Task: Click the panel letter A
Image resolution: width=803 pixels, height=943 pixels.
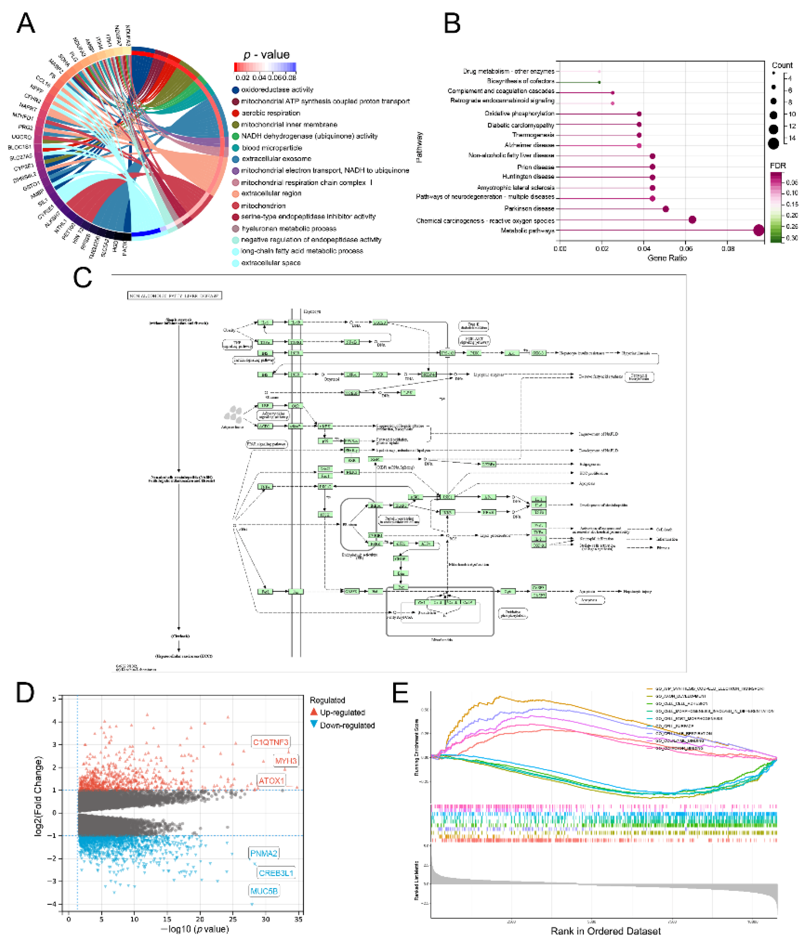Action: (26, 23)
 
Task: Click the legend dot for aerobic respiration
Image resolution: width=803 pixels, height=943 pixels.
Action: (235, 113)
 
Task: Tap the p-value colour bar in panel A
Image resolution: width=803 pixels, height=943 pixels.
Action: (265, 67)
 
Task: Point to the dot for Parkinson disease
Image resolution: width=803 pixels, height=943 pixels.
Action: (666, 209)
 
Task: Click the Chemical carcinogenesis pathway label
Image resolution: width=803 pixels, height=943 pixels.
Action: (485, 221)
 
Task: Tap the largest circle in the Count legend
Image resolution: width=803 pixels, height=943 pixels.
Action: (773, 144)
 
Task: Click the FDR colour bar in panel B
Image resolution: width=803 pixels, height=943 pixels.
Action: (776, 207)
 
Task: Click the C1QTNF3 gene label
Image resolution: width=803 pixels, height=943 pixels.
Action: (270, 742)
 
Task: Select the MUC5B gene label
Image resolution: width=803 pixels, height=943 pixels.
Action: (264, 891)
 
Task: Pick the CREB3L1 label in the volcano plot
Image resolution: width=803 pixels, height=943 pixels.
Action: (276, 873)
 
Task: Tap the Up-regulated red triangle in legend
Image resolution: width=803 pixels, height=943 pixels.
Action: (314, 712)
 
